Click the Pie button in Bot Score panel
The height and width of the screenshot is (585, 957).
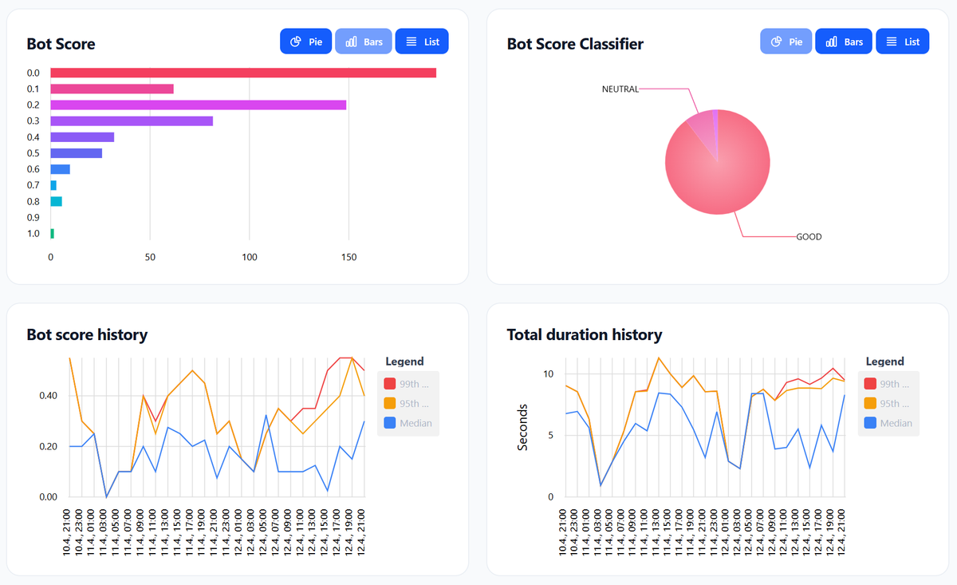coord(305,42)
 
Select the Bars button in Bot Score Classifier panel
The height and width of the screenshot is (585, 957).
coord(844,42)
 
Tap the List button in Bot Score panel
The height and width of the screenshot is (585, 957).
coord(422,42)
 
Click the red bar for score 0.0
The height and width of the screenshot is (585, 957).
coord(243,73)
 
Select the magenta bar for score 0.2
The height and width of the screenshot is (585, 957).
coord(198,105)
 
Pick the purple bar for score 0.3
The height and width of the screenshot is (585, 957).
coord(132,121)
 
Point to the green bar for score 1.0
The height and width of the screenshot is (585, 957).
coord(53,234)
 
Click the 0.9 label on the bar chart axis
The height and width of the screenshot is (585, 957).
coord(33,217)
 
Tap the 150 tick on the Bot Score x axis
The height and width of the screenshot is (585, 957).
coord(349,258)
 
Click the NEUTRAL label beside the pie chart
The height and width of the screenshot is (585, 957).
coord(620,89)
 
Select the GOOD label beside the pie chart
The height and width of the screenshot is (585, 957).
coord(809,237)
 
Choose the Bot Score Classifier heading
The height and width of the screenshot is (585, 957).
coord(574,44)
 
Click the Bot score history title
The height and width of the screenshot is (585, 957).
coord(87,334)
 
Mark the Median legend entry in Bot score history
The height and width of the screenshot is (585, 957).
coord(408,423)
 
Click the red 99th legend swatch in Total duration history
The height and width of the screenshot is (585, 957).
coord(870,384)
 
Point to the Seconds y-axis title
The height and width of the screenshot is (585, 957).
coord(523,427)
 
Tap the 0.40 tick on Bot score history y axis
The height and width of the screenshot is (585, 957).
coord(48,396)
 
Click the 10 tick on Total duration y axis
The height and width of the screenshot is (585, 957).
coord(548,374)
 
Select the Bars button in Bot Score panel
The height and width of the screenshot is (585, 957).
coord(364,42)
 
